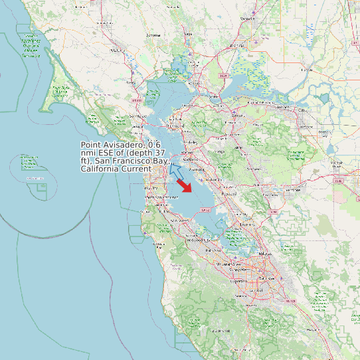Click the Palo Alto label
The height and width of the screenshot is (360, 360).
click(214, 250)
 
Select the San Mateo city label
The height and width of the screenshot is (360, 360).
click(179, 220)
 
